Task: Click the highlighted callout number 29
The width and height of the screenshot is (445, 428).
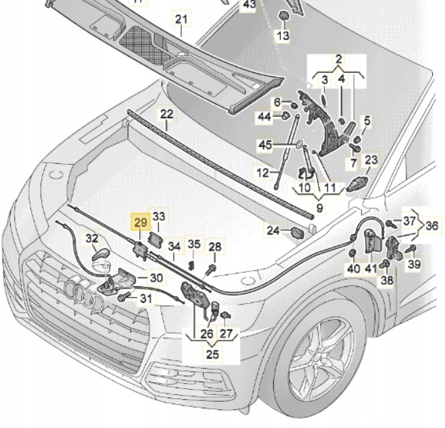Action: [x=141, y=222]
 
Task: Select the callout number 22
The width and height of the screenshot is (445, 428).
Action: [x=166, y=114]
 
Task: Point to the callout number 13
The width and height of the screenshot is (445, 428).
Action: [x=283, y=35]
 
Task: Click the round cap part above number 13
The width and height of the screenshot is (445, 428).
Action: [x=283, y=14]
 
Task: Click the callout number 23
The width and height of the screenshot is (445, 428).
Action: [x=371, y=160]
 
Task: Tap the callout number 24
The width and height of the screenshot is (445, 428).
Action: [x=272, y=231]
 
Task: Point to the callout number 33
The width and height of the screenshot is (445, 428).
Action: [x=158, y=216]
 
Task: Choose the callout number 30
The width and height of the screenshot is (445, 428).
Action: [x=156, y=277]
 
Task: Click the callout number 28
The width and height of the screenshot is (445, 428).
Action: [x=214, y=248]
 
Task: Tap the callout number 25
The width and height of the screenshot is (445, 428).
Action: [x=213, y=354]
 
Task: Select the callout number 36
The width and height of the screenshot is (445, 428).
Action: [x=431, y=226]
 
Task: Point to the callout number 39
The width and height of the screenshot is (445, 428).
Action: [x=413, y=264]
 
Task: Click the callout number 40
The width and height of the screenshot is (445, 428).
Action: [x=354, y=269]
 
